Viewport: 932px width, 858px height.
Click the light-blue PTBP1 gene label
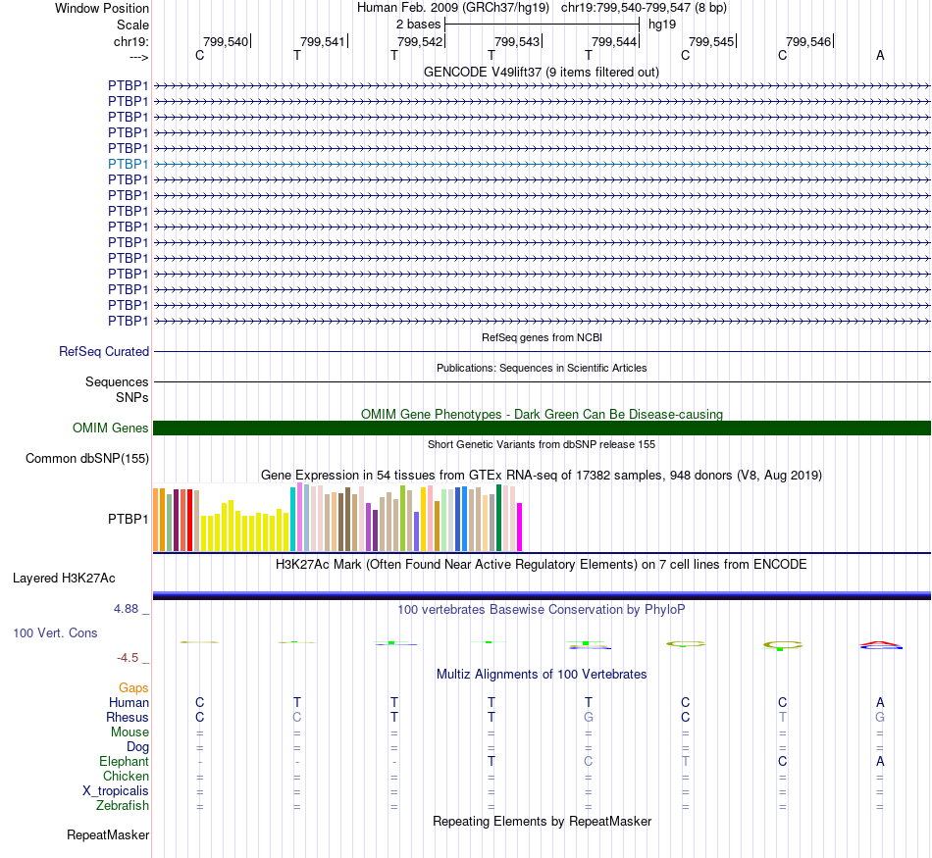pyautogui.click(x=129, y=164)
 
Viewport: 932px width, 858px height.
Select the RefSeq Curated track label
pyautogui.click(x=104, y=351)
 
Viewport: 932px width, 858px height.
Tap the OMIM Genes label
pyautogui.click(x=111, y=428)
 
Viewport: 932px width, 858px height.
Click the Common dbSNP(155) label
pyautogui.click(x=87, y=458)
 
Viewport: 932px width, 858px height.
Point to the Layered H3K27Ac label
pyautogui.click(x=64, y=578)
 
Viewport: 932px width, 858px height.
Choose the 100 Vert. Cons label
pyautogui.click(x=55, y=633)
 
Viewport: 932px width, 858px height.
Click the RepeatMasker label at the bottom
pyautogui.click(x=108, y=835)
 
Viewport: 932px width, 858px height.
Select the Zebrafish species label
pyautogui.click(x=125, y=806)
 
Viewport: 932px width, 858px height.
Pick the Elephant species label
pyautogui.click(x=125, y=762)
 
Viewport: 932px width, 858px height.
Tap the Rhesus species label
pyautogui.click(x=128, y=718)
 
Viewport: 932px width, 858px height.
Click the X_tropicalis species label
pyautogui.click(x=116, y=791)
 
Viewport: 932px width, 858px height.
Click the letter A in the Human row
pyautogui.click(x=880, y=702)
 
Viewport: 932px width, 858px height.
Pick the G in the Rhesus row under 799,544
pyautogui.click(x=589, y=718)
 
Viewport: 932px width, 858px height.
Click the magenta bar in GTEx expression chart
pyautogui.click(x=520, y=527)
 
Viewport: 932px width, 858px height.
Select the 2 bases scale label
pyautogui.click(x=419, y=24)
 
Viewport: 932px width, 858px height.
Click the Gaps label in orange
pyautogui.click(x=133, y=688)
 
